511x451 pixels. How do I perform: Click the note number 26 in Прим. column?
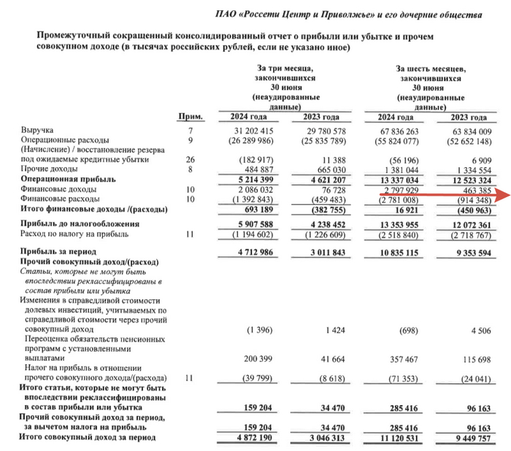point(191,159)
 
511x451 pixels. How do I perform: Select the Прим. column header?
point(191,117)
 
